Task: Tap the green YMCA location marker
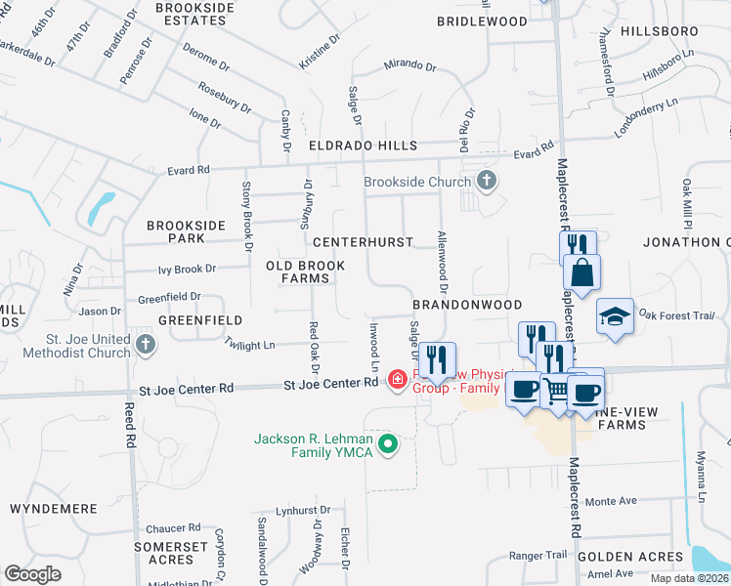[389, 445]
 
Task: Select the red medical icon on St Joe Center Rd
[398, 379]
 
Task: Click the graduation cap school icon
[615, 316]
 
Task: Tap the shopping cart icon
[556, 391]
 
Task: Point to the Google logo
[32, 573]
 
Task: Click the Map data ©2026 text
[689, 578]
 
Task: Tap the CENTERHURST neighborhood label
[363, 241]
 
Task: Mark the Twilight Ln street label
[249, 345]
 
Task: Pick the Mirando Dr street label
[409, 64]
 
